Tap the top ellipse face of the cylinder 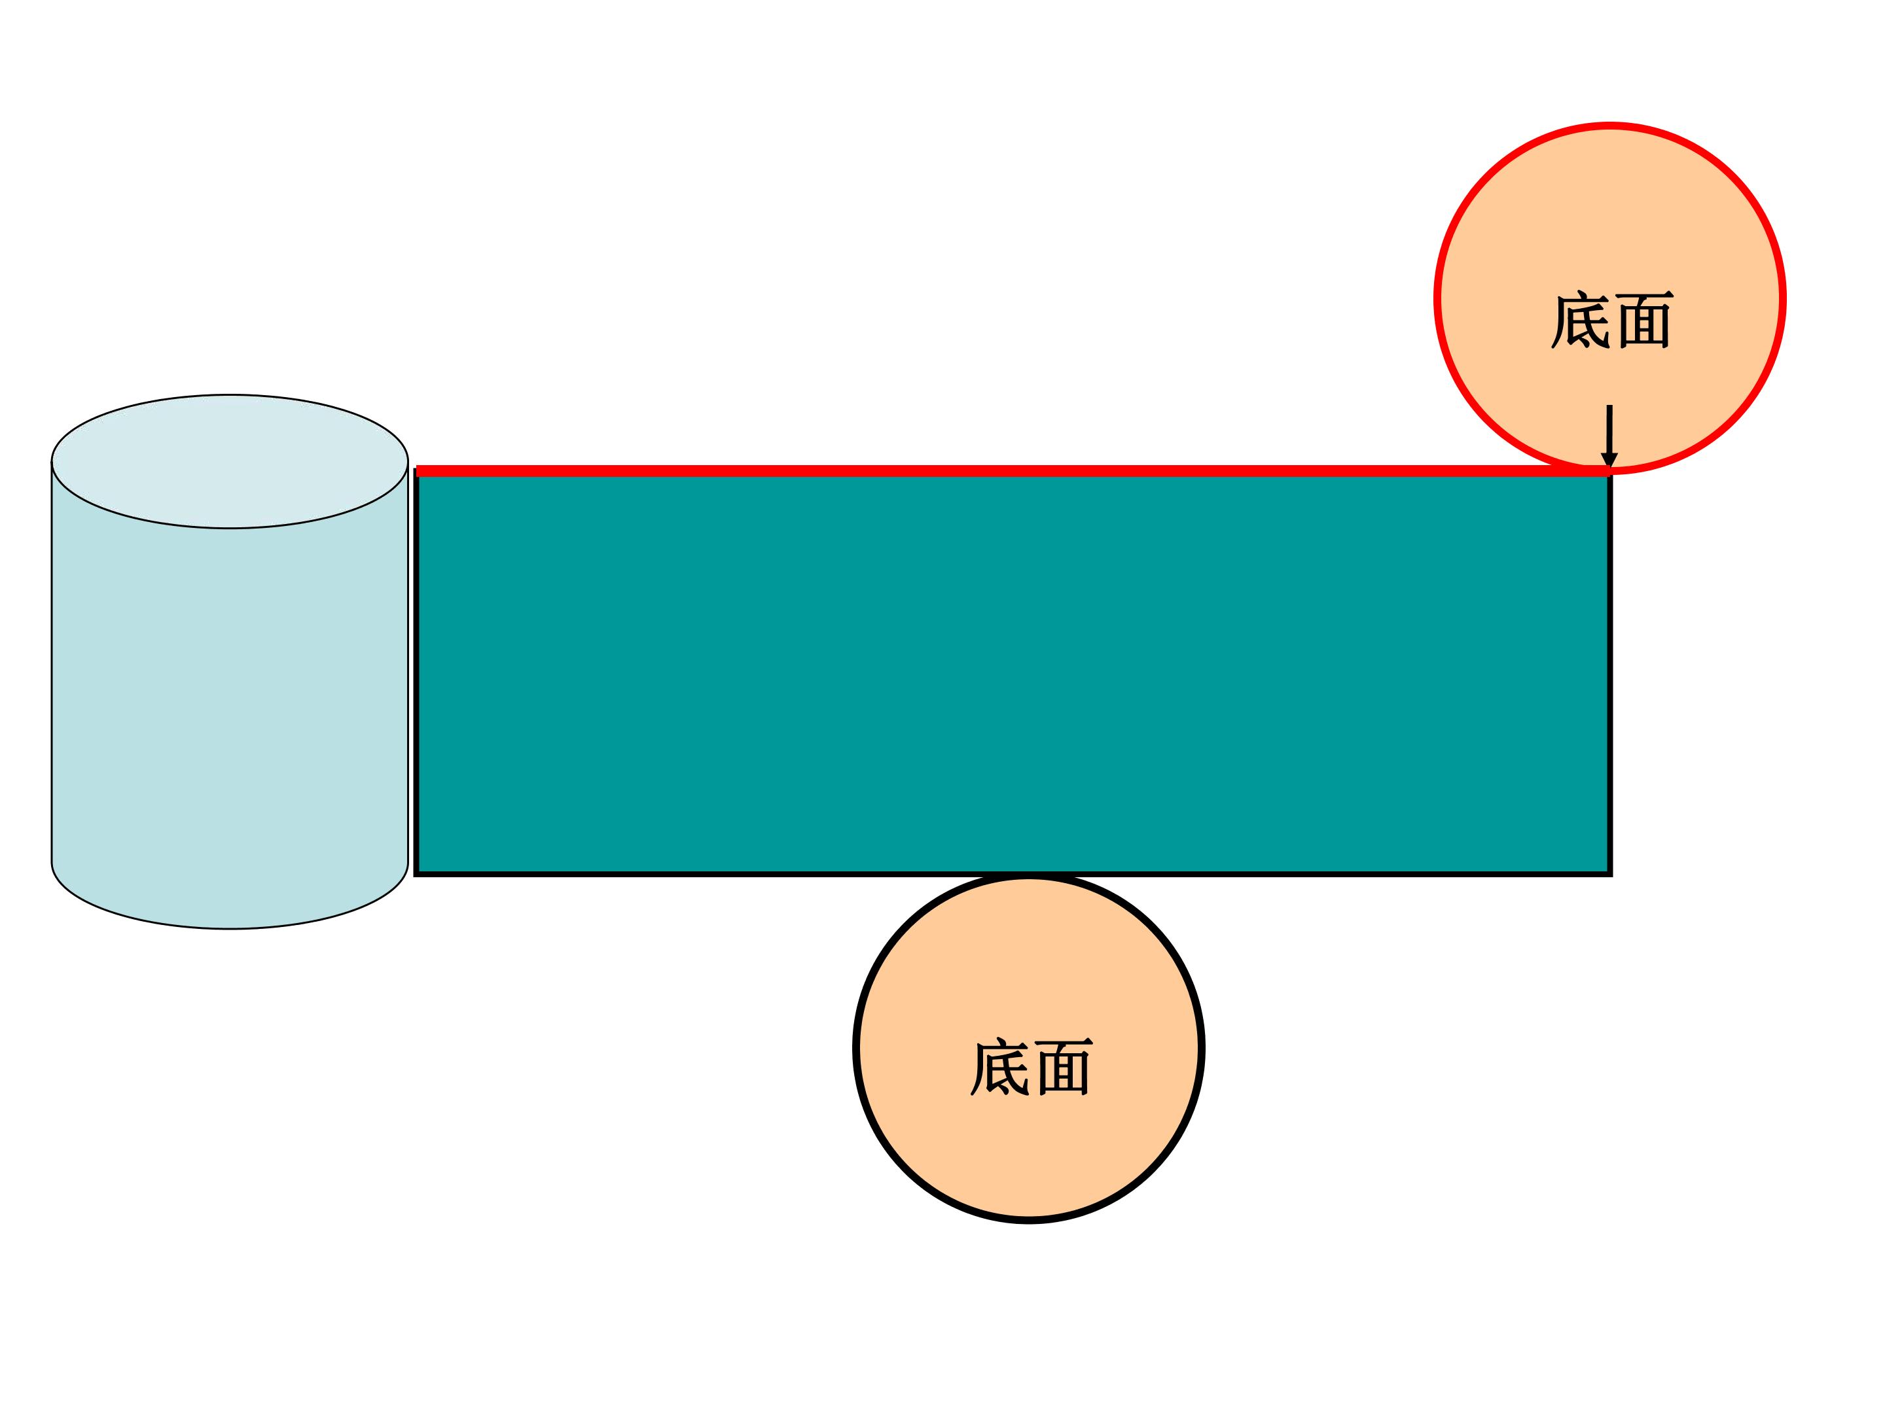pyautogui.click(x=230, y=462)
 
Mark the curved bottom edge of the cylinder pyautogui.click(x=230, y=928)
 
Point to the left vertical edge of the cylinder pyautogui.click(x=52, y=662)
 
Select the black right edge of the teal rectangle pyautogui.click(x=1609, y=673)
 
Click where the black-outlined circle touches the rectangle pyautogui.click(x=1030, y=875)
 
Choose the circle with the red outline pyautogui.click(x=1609, y=298)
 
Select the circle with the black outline pyautogui.click(x=1030, y=1049)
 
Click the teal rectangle pyautogui.click(x=1013, y=673)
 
